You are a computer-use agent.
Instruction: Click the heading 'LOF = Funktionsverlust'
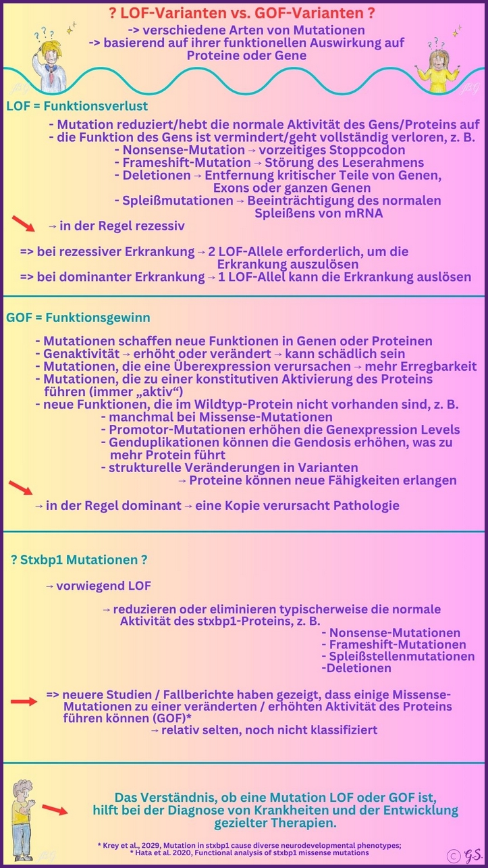pos(77,106)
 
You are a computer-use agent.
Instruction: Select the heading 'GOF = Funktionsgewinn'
pos(78,317)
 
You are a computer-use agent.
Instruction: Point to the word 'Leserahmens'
pos(389,163)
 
